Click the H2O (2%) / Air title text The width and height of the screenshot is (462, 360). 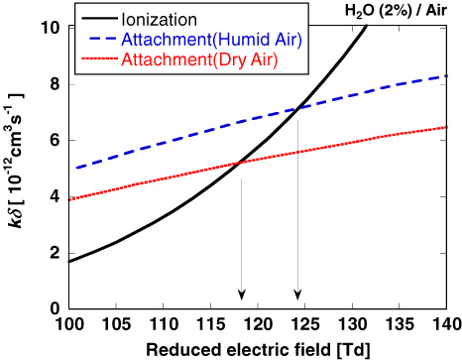click(x=401, y=9)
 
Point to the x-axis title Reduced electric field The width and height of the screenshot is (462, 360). click(x=257, y=348)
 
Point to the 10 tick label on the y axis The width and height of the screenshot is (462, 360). click(x=51, y=27)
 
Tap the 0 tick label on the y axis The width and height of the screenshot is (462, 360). click(x=56, y=308)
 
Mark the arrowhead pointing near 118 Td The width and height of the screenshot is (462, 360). click(x=241, y=294)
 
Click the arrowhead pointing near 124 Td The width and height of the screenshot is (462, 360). click(x=297, y=294)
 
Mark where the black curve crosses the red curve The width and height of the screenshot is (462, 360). click(x=241, y=164)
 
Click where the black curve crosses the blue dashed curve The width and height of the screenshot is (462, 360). click(x=298, y=108)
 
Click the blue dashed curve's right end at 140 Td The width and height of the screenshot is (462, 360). click(x=445, y=75)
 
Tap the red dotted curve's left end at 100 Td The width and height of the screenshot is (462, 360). click(x=69, y=198)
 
